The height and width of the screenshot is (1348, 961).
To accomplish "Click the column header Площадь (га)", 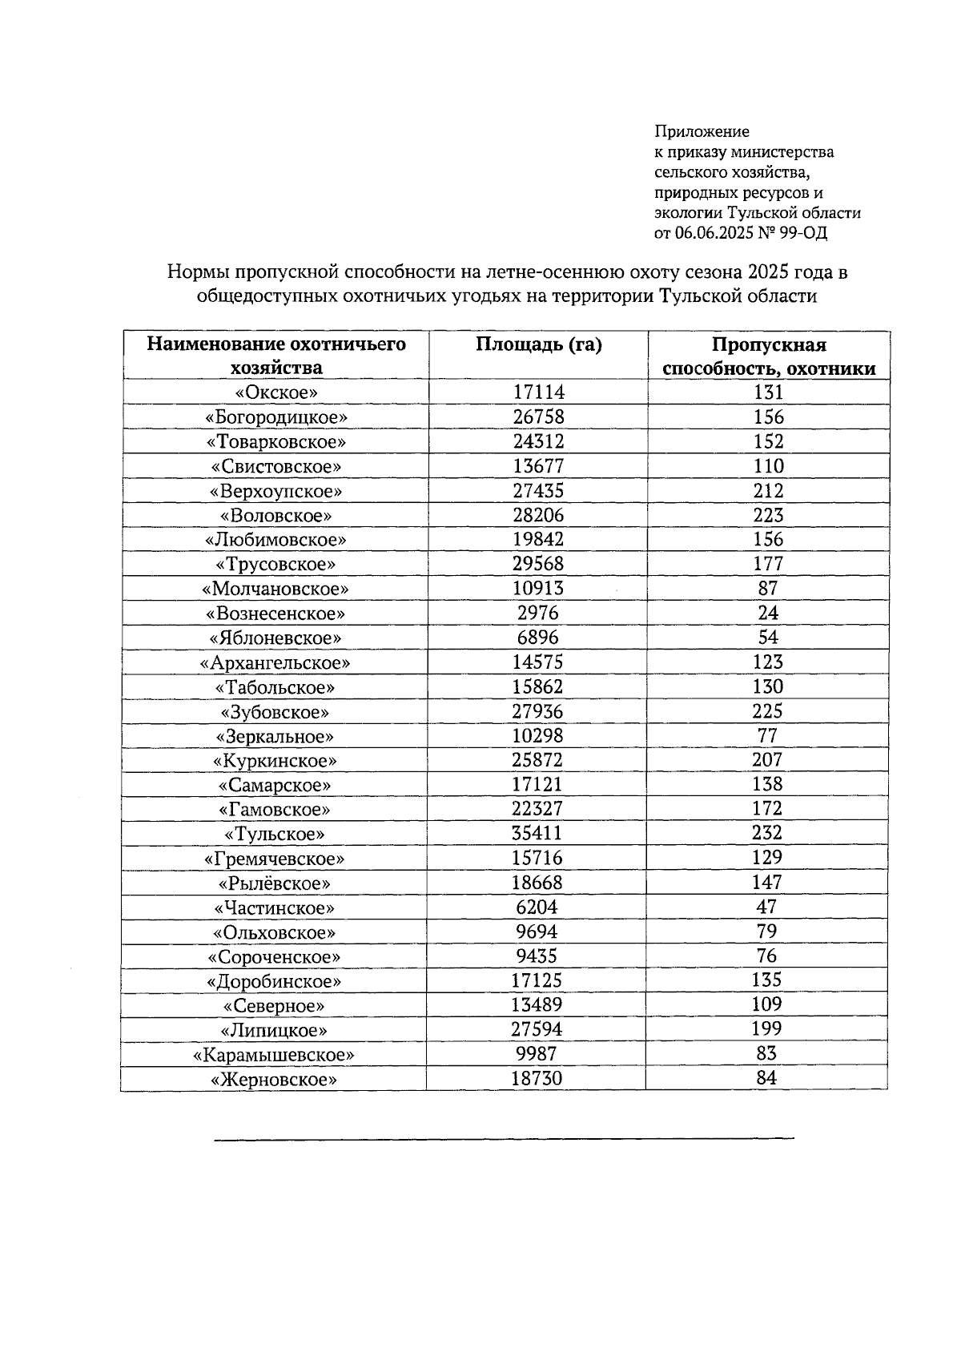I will tap(538, 344).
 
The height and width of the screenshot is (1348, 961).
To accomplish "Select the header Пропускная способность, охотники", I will tap(769, 356).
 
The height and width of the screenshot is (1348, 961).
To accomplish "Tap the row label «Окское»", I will tap(276, 392).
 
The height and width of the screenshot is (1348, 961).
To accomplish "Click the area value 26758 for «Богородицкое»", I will tap(538, 417).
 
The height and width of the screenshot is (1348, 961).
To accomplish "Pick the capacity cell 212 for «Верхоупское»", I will tap(768, 490).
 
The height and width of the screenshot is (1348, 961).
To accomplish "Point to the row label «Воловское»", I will tap(276, 516).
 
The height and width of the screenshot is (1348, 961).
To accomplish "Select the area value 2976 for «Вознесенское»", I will tap(538, 614).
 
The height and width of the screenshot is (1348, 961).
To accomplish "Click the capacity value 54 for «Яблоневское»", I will tap(768, 638).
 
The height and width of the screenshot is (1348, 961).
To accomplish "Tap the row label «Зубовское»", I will tap(275, 712).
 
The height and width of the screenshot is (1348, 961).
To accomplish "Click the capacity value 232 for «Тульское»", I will tap(767, 833).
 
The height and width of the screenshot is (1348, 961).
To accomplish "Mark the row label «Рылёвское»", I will tap(275, 883).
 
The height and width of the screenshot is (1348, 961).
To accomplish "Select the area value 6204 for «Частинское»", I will tap(537, 907).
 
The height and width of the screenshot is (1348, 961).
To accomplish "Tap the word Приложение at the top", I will tap(702, 131).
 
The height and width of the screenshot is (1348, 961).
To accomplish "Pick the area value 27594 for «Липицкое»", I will tap(537, 1030).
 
